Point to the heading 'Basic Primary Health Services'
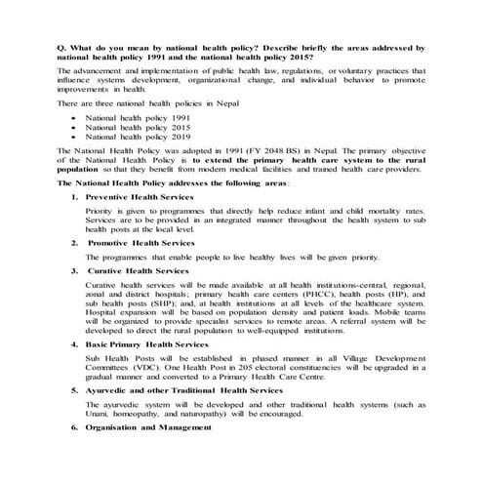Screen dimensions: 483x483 (x=147, y=344)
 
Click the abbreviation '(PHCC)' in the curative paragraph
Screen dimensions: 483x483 (x=290, y=292)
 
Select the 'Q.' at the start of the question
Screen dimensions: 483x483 (x=61, y=47)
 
